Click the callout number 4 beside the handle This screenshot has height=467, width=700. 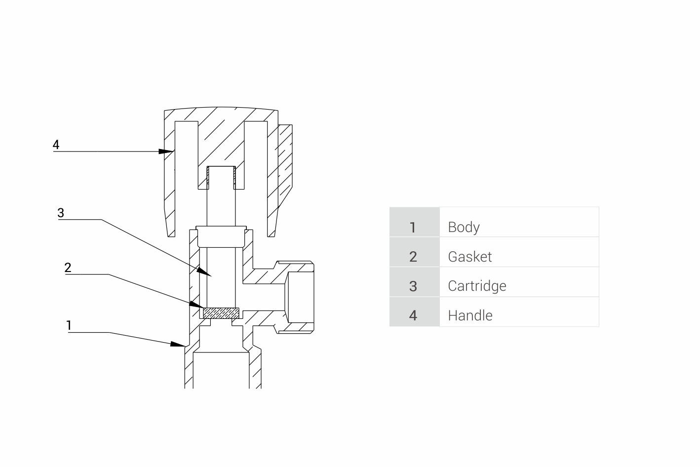(x=56, y=145)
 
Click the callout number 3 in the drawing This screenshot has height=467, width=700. (x=61, y=213)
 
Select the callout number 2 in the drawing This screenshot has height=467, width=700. (x=68, y=268)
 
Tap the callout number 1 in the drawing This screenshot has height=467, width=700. (x=69, y=325)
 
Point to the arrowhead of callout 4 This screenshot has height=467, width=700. (x=166, y=151)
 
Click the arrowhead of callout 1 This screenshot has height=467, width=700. (x=179, y=344)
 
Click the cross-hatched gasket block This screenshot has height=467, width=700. (x=221, y=313)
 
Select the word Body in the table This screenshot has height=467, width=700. (x=464, y=227)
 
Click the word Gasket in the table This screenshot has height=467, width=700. (x=469, y=257)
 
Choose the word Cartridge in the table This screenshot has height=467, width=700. (x=477, y=286)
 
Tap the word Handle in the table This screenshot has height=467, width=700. (x=470, y=315)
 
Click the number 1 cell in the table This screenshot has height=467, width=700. (x=413, y=227)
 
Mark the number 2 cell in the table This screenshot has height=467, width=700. (x=413, y=257)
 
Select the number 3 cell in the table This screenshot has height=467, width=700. (x=413, y=286)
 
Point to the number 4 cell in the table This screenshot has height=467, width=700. (x=413, y=315)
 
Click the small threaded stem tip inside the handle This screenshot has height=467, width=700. (x=221, y=176)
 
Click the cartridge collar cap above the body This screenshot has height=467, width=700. (x=221, y=237)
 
